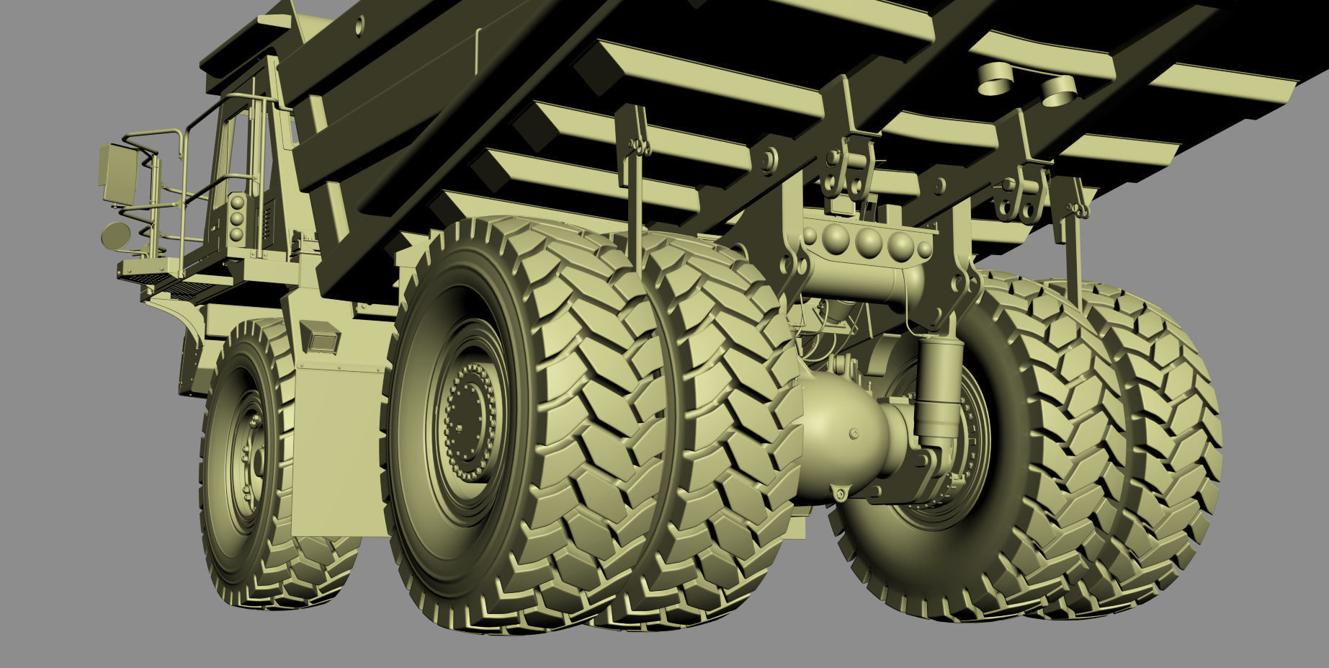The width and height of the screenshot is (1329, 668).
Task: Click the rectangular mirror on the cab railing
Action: tap(119, 173)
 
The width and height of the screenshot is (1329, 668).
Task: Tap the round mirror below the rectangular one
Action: tap(116, 235)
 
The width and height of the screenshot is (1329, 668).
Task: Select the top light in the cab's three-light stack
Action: tap(237, 202)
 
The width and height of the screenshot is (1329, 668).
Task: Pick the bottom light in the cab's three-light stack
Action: tap(236, 234)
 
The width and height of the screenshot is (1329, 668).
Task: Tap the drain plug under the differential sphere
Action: tap(840, 494)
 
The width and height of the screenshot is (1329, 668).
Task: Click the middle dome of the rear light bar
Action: tap(868, 240)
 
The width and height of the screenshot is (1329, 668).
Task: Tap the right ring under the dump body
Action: tap(1057, 89)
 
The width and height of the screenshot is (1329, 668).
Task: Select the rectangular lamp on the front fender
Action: tap(321, 337)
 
